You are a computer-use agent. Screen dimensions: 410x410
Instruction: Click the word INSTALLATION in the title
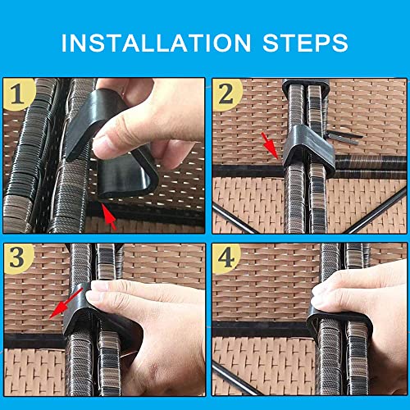pos(156,43)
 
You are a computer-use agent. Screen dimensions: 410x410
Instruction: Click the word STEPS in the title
pos(305,43)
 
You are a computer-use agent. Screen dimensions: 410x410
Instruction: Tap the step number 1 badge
pos(19,94)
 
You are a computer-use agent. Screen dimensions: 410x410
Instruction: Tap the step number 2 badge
pos(227,94)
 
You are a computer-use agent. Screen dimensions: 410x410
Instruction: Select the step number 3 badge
pos(19,257)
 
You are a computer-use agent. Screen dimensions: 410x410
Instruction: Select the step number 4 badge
pos(226,257)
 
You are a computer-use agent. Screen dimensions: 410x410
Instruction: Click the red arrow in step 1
pos(109,216)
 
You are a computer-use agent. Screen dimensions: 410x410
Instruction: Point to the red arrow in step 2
pos(270,145)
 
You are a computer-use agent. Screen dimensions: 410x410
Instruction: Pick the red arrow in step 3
pos(66,303)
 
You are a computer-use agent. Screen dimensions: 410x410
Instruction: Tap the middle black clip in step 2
pos(308,149)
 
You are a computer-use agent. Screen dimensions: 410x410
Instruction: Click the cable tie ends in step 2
pos(344,137)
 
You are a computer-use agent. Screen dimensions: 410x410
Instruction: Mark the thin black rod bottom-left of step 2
pos(235,219)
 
